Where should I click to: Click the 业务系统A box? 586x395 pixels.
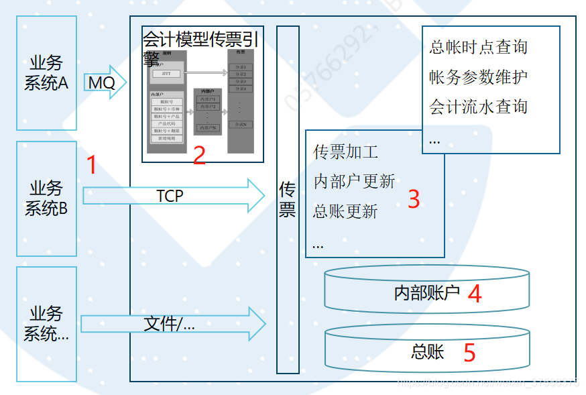46,72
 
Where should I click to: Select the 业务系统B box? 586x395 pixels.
46,198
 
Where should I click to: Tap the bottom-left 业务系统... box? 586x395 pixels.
46,323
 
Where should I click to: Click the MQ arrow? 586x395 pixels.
105,82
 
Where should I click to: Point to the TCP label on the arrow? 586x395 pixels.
170,196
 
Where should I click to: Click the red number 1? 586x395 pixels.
93,165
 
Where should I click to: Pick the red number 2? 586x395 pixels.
199,155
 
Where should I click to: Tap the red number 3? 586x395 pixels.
414,199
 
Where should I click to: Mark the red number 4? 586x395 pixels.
475,294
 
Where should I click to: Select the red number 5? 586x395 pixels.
469,352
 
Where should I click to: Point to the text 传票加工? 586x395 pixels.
345,152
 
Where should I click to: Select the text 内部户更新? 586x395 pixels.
353,181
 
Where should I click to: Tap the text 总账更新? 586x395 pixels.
345,211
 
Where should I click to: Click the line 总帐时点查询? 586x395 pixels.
478,47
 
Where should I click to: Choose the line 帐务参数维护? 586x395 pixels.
478,76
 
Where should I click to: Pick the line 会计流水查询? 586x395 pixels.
478,106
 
